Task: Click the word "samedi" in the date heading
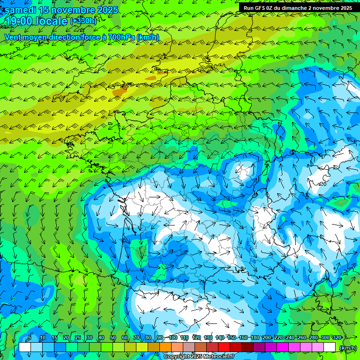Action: tap(21, 9)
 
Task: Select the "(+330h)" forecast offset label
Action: tap(83, 21)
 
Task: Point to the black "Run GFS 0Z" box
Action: tap(298, 7)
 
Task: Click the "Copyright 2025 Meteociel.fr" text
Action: tap(199, 357)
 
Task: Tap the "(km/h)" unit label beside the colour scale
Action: tap(347, 348)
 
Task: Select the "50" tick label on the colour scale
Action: tap(112, 337)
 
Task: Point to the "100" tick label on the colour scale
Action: tap(173, 337)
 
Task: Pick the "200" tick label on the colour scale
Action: tap(266, 337)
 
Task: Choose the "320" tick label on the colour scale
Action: tap(337, 337)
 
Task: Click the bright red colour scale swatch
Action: tap(224, 347)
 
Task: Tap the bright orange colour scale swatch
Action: tap(165, 347)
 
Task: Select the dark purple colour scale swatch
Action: tap(259, 347)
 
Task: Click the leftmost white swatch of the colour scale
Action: tap(25, 347)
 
